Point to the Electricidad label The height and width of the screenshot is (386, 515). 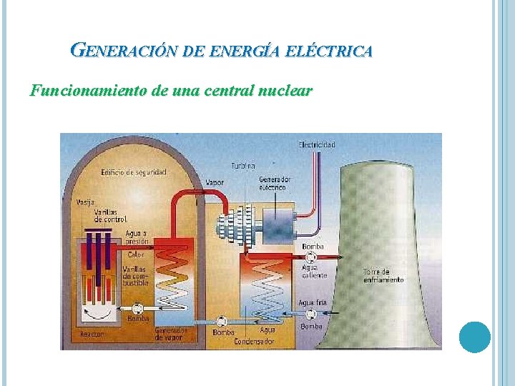point(316,144)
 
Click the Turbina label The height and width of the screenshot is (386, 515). point(242,166)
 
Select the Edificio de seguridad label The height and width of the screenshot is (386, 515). point(134,172)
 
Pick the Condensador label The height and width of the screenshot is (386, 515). point(254,342)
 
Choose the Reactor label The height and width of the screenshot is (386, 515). point(92,335)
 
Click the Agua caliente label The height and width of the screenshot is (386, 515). point(315,271)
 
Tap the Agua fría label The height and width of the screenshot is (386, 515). point(313,303)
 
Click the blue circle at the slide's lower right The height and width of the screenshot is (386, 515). point(474,337)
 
